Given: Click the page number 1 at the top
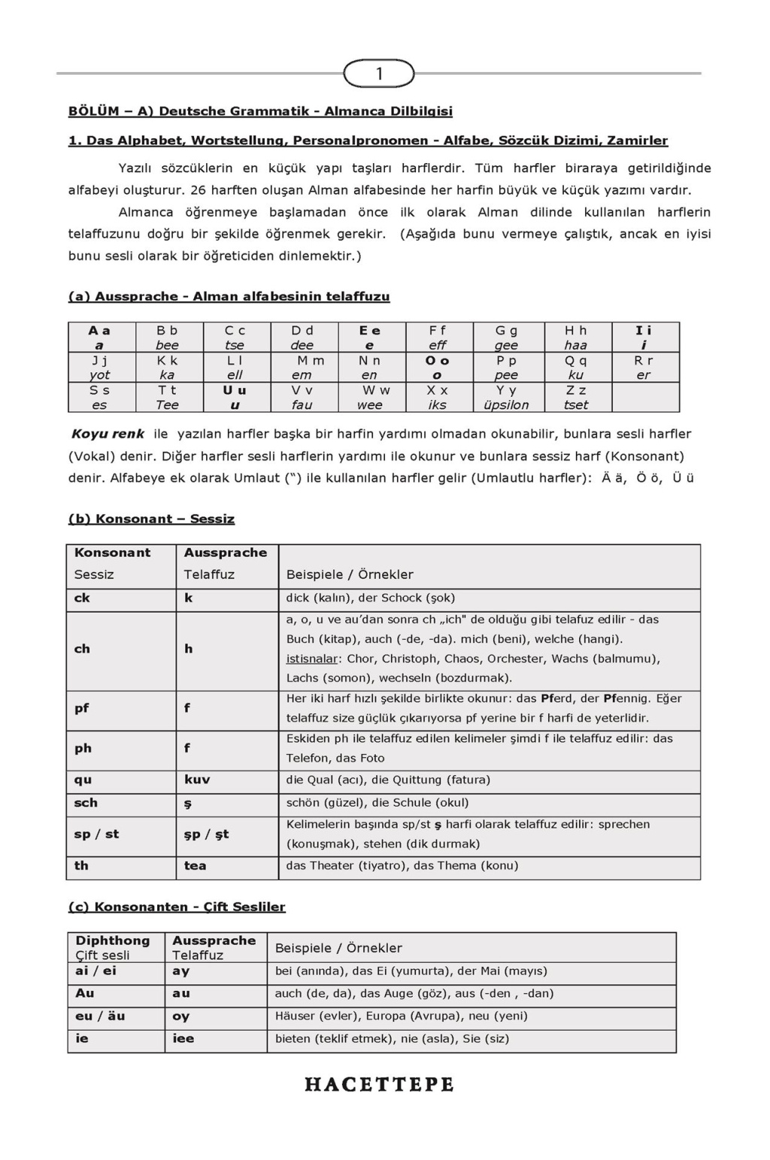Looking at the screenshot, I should pos(379,74).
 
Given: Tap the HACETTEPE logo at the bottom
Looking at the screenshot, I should pos(379,1085).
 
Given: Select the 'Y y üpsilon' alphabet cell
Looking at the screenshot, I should pos(505,398).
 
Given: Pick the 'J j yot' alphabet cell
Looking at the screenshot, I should pos(99,368).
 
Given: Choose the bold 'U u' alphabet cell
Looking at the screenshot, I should pos(235,398).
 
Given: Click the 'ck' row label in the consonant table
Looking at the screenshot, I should pos(82,598).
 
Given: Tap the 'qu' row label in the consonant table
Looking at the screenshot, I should pos(83,780).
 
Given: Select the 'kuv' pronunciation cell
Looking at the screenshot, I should pos(197,780).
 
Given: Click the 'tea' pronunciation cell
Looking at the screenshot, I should pos(195,865).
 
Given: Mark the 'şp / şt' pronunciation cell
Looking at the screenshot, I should pos(206,834).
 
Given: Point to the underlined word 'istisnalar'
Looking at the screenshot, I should pos(311,659).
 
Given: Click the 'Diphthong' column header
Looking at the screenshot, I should pos(113,940).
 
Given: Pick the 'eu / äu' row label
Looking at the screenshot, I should pos(100,1016).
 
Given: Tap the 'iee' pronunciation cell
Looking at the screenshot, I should pos(183,1038).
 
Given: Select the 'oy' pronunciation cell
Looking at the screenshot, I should pos(181,1016).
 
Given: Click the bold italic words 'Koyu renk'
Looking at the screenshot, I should pos(108,434).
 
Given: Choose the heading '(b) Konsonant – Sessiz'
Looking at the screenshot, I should pos(151,519).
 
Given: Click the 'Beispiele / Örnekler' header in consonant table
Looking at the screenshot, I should pos(350,574).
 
